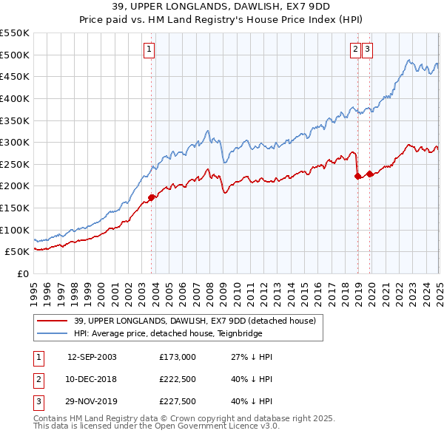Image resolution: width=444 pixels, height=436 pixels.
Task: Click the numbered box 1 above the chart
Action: (149, 50)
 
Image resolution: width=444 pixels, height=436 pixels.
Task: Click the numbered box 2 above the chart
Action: (355, 50)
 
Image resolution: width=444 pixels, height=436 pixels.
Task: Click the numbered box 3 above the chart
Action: (367, 50)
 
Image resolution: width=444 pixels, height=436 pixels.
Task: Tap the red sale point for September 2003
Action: (152, 197)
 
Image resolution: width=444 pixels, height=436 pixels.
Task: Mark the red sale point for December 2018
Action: (358, 176)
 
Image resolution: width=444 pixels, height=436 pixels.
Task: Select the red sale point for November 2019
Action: (369, 174)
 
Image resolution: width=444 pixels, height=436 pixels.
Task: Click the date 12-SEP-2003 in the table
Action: (92, 357)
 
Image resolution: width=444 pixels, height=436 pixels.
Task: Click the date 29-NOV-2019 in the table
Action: (92, 403)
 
